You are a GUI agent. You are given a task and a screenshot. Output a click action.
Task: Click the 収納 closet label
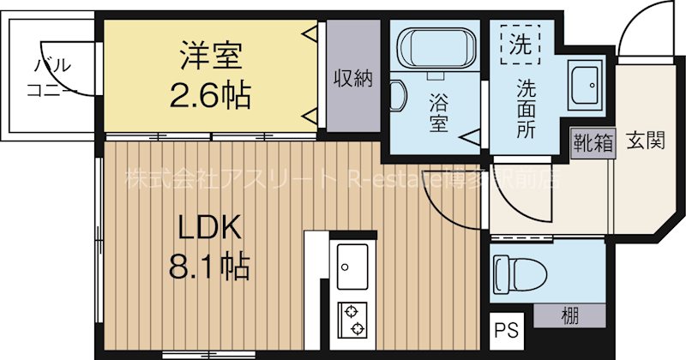pos(352,78)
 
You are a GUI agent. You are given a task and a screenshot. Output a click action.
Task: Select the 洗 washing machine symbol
pos(521,43)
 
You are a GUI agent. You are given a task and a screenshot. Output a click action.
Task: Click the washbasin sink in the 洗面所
pos(588,82)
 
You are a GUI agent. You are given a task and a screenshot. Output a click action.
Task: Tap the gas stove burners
pos(352,321)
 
